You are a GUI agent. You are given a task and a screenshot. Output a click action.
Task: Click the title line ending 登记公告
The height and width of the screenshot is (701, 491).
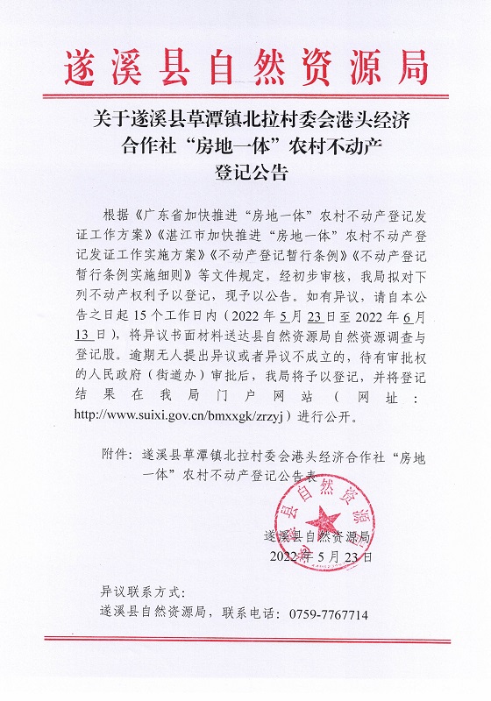tap(245, 172)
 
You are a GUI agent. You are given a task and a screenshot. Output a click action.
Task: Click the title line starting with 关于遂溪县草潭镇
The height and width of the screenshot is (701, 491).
tap(245, 117)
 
